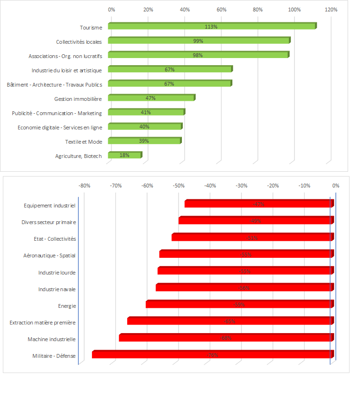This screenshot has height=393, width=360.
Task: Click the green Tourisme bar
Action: tap(211, 26)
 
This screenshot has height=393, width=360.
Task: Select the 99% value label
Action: tap(198, 41)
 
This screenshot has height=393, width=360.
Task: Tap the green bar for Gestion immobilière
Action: tap(151, 98)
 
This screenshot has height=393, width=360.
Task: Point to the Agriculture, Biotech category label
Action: tap(78, 156)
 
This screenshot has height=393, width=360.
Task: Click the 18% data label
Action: tap(124, 155)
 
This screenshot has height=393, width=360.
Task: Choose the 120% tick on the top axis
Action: tap(331, 10)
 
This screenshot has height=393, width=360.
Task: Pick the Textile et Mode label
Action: tap(83, 142)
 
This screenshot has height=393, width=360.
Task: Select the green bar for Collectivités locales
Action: tap(199, 41)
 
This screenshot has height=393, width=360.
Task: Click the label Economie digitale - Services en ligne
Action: tap(60, 128)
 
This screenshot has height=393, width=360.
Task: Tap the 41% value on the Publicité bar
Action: tap(146, 112)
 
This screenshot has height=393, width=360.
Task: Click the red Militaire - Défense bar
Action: tap(212, 354)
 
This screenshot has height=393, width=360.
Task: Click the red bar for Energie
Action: tap(239, 304)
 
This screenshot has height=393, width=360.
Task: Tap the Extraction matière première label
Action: tap(42, 323)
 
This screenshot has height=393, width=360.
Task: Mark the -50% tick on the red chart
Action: tap(179, 186)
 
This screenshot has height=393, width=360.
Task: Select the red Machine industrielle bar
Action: tap(226, 338)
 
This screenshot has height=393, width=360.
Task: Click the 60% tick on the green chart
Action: tap(221, 10)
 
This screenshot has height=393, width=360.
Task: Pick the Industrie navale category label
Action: tap(57, 289)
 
